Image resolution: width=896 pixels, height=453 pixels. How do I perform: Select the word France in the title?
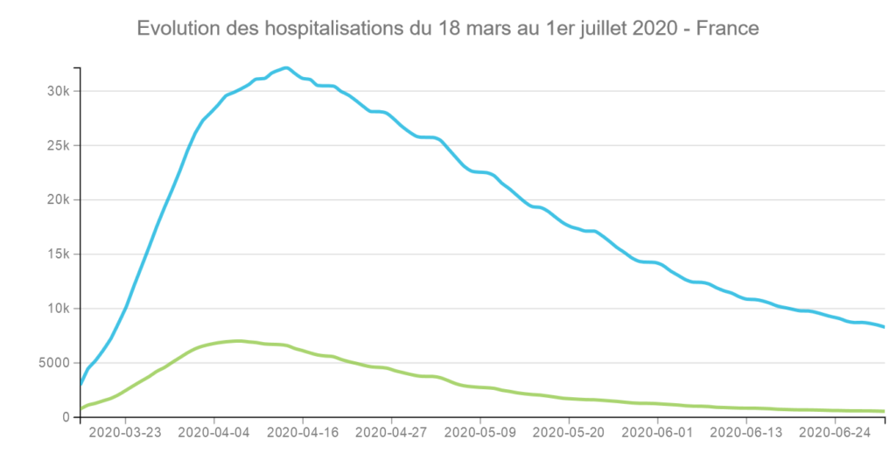727,28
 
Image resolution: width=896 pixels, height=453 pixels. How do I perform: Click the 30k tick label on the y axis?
59,92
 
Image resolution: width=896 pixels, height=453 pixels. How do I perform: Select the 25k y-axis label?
59,146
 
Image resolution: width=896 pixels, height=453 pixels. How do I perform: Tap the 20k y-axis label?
59,200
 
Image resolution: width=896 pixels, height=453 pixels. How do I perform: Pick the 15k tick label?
59,254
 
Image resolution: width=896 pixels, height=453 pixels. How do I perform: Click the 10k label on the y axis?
59,309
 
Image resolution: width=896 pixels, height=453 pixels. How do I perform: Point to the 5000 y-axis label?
53,363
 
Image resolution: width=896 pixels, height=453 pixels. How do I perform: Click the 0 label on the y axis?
66,418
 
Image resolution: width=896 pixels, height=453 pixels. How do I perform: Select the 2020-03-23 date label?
124,432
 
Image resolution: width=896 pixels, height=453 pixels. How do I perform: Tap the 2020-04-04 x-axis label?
213,432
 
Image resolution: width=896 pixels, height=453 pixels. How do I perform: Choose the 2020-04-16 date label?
303,432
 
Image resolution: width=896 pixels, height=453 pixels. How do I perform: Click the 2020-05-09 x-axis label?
480,432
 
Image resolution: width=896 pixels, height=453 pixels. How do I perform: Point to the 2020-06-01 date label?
658,432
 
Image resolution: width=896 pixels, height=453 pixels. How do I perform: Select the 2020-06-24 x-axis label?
835,432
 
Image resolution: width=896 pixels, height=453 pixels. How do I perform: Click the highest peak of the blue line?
286,68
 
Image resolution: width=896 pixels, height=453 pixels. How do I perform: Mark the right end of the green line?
885,411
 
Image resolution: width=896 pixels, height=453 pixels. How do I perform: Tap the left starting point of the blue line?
80,385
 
